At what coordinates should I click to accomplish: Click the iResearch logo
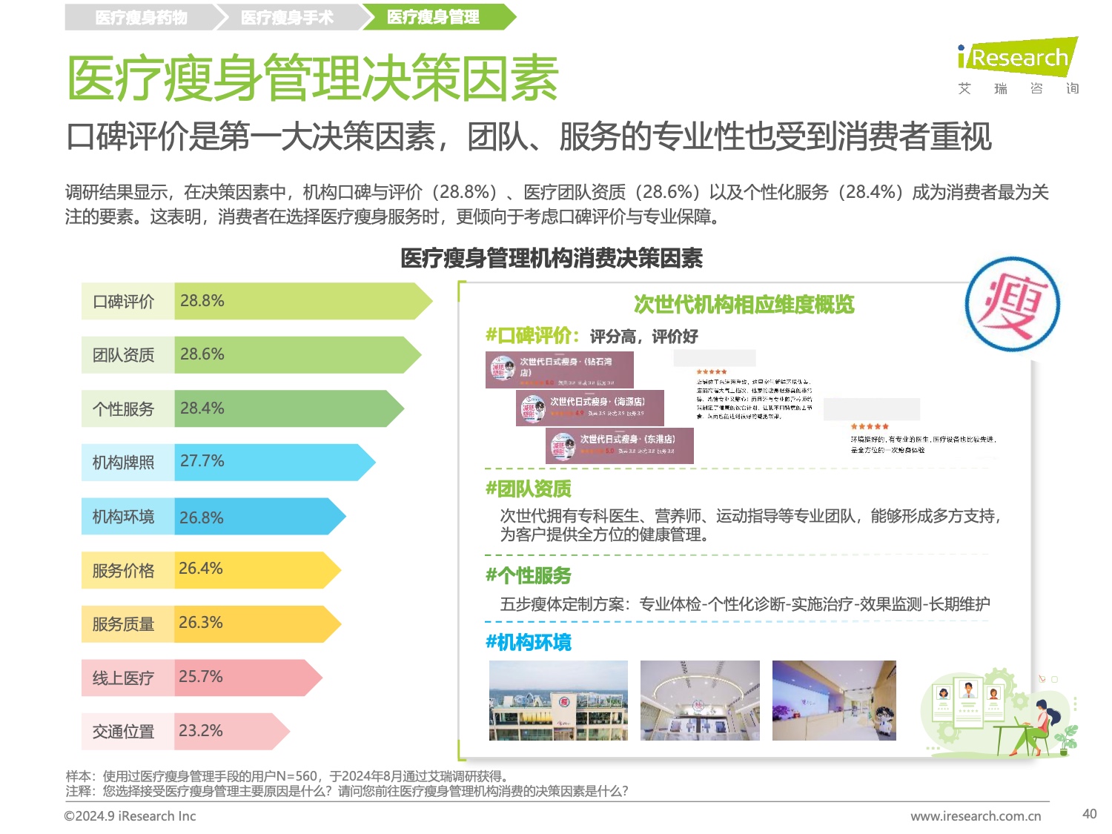tap(1017, 58)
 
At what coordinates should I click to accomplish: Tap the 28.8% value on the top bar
tap(202, 301)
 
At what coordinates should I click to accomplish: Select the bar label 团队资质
tap(124, 355)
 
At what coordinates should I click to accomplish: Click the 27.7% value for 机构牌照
tap(202, 461)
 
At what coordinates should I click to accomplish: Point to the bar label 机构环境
tap(124, 517)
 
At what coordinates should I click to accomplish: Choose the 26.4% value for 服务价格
tap(200, 569)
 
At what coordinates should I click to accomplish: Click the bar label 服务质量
tap(124, 624)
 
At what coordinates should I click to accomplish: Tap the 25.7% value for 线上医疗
tap(200, 677)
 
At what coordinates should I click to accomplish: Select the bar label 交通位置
tap(124, 732)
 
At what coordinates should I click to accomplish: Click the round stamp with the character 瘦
tap(1012, 304)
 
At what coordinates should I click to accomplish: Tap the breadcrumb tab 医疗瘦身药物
tap(141, 17)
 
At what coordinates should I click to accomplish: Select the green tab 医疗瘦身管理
tap(433, 17)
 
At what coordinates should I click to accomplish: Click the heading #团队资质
tap(529, 489)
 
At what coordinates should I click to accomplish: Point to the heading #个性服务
tap(529, 575)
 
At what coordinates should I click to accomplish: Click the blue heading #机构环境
tap(529, 643)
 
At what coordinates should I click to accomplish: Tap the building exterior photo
tap(558, 701)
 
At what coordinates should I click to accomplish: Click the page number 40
tap(1089, 814)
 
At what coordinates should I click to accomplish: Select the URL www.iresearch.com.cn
tap(976, 816)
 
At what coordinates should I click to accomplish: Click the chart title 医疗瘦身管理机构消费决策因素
tap(551, 259)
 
